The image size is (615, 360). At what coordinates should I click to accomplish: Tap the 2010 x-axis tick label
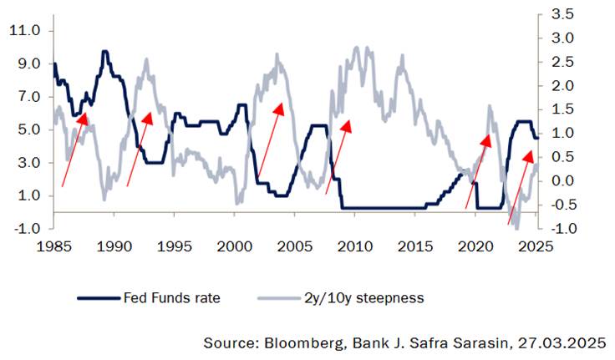(355, 247)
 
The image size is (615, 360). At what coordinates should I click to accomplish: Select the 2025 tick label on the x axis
(537, 247)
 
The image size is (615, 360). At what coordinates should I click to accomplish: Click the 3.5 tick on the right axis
(562, 13)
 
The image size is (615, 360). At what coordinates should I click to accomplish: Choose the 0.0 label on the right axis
(562, 180)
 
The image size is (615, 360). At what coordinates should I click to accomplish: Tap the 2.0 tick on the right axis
(562, 85)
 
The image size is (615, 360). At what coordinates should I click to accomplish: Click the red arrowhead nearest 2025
(529, 155)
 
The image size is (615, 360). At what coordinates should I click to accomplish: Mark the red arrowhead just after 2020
(487, 136)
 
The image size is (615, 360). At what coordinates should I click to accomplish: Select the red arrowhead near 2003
(281, 108)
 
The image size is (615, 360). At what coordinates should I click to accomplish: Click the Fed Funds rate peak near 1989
(105, 52)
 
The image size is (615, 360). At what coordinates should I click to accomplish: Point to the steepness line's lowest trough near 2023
(516, 227)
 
